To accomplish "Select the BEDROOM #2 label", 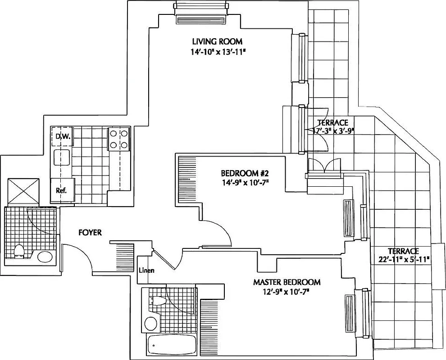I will [245, 173].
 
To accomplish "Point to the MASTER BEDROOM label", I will [287, 283].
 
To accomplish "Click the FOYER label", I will [90, 233].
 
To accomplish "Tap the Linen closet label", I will [146, 270].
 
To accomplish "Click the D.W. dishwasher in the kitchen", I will [61, 136].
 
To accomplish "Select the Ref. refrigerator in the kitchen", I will [61, 190].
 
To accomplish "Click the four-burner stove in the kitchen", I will [119, 139].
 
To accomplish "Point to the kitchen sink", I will [61, 158].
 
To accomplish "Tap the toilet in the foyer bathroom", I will [19, 251].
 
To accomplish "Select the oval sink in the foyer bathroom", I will [45, 257].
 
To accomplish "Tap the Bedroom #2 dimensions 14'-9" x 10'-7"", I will [245, 182].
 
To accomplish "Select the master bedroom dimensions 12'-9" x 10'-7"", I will [287, 292].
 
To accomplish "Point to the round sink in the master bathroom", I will [151, 324].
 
